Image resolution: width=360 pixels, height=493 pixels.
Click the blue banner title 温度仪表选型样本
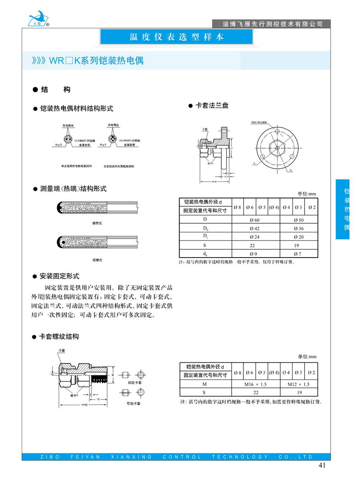[x=176, y=37]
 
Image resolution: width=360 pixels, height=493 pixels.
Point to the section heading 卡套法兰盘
[x=211, y=105]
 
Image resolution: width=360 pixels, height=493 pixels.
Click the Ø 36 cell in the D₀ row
[x=299, y=228]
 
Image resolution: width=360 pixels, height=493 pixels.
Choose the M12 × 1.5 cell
[x=299, y=384]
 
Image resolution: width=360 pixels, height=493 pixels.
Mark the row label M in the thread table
[x=204, y=384]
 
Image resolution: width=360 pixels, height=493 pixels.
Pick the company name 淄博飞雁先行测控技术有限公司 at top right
[x=273, y=23]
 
